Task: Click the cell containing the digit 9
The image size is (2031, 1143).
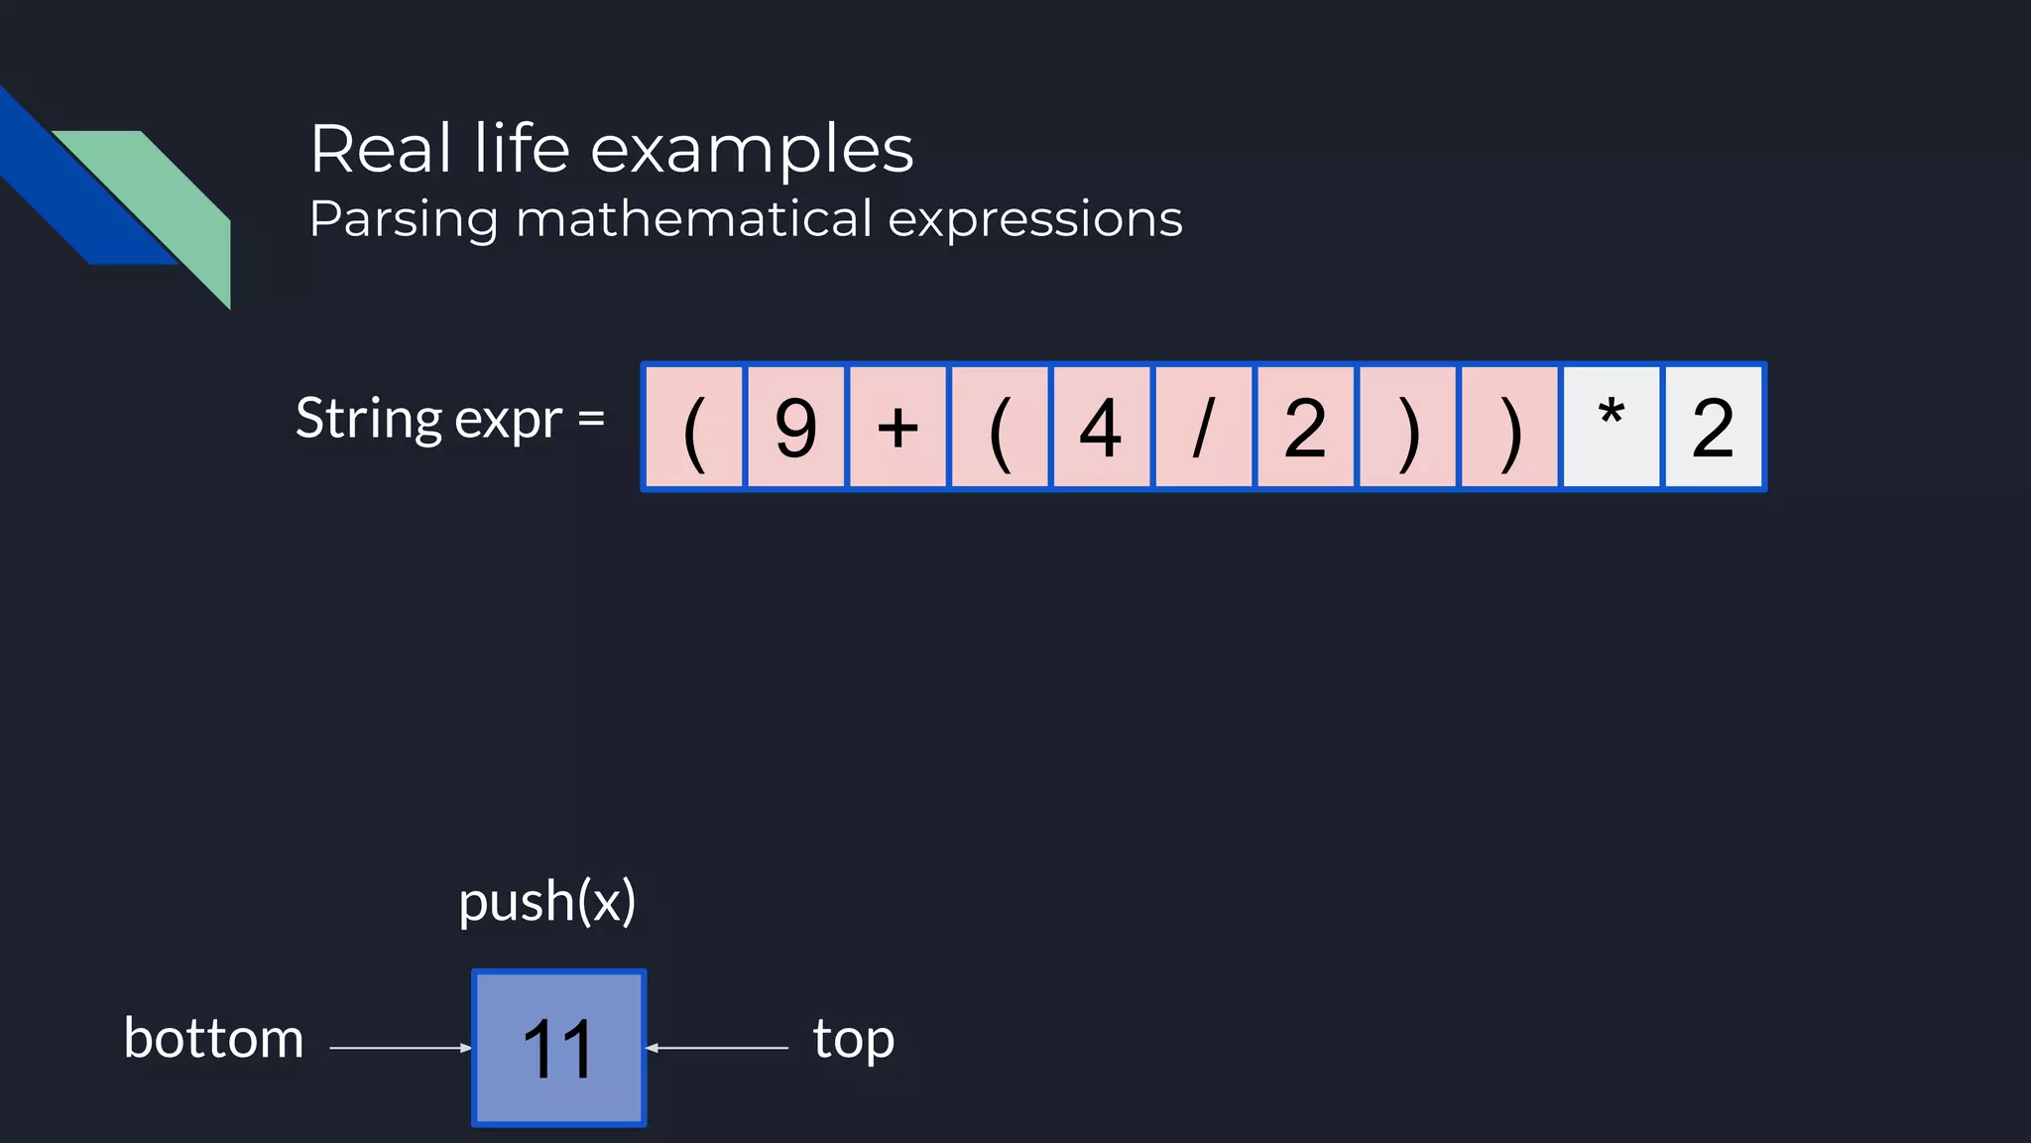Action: (x=796, y=428)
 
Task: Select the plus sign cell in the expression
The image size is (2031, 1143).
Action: (x=898, y=428)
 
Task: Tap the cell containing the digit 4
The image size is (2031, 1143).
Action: (x=1101, y=428)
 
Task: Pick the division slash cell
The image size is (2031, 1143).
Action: (x=1203, y=428)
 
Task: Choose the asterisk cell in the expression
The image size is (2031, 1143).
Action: (x=1612, y=428)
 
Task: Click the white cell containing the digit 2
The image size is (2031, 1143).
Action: (x=1714, y=428)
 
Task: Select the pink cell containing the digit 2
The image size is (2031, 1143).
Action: (x=1305, y=428)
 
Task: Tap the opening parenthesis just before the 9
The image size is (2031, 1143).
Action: (x=694, y=428)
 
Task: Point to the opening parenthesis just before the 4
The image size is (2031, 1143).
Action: (x=1000, y=428)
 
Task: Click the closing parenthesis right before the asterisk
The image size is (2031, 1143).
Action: (x=1509, y=428)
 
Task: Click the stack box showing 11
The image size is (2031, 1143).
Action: (x=559, y=1048)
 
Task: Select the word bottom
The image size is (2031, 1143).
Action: (x=213, y=1039)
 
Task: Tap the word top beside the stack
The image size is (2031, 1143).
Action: (x=853, y=1039)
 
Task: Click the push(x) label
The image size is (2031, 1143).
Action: (x=546, y=902)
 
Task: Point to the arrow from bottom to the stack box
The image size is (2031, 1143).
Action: (x=400, y=1048)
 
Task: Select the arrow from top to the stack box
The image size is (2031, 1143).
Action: (x=717, y=1048)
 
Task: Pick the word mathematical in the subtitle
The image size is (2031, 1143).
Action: (x=694, y=218)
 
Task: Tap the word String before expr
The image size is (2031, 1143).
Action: (x=369, y=419)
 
